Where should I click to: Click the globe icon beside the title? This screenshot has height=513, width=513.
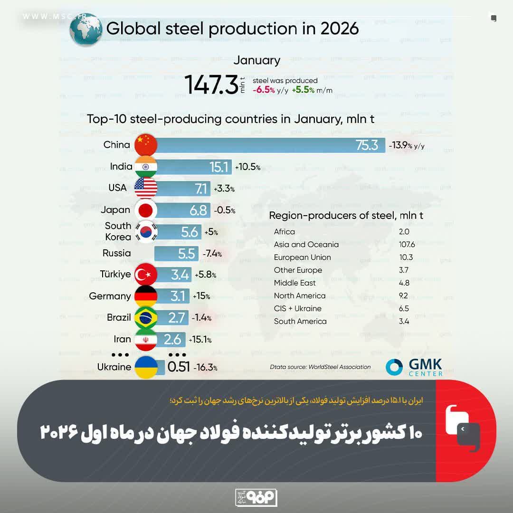pyautogui.click(x=85, y=29)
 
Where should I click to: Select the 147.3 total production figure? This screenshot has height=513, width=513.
pyautogui.click(x=211, y=85)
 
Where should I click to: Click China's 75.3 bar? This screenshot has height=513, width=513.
pyautogui.click(x=271, y=145)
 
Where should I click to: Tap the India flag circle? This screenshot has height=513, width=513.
pyautogui.click(x=146, y=167)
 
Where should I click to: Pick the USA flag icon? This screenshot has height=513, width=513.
pyautogui.click(x=146, y=188)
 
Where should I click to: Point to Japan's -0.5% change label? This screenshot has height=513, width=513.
pyautogui.click(x=224, y=210)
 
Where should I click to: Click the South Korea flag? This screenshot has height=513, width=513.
pyautogui.click(x=146, y=232)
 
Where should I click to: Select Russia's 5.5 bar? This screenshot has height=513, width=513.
pyautogui.click(x=176, y=254)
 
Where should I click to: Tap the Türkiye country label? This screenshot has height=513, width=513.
pyautogui.click(x=115, y=274)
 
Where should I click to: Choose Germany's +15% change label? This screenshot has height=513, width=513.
pyautogui.click(x=201, y=296)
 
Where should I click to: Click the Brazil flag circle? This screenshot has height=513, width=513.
pyautogui.click(x=146, y=318)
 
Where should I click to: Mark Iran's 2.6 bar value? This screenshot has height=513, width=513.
pyautogui.click(x=172, y=340)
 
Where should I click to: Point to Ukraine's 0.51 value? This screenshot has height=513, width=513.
pyautogui.click(x=179, y=367)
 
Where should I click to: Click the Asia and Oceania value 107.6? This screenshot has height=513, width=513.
pyautogui.click(x=407, y=245)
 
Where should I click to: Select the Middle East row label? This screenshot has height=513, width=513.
pyautogui.click(x=295, y=283)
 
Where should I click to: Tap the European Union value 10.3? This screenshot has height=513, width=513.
pyautogui.click(x=406, y=257)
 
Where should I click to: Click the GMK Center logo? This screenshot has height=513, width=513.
pyautogui.click(x=414, y=367)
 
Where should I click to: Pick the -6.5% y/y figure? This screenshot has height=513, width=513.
pyautogui.click(x=270, y=90)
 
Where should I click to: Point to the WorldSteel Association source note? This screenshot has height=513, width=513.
pyautogui.click(x=320, y=367)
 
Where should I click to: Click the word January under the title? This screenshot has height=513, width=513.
pyautogui.click(x=257, y=60)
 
